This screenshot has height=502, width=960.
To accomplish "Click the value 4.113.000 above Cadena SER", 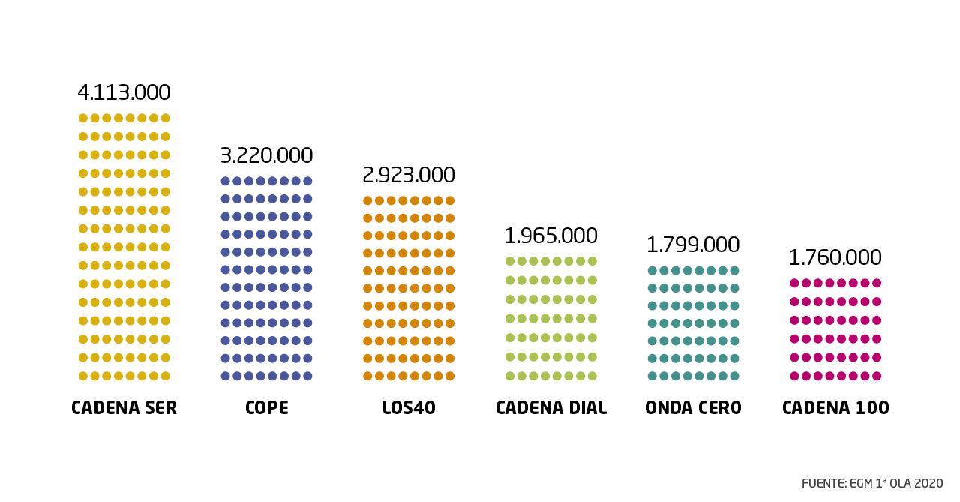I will [x=124, y=92].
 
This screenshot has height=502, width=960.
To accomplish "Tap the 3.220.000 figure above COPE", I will [x=266, y=155].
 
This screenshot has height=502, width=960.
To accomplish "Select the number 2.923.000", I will [x=408, y=175].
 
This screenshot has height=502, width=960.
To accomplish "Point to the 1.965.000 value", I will [x=550, y=236].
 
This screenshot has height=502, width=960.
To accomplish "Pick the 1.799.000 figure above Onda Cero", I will [x=693, y=245].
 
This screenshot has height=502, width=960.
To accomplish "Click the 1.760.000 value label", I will [x=835, y=257].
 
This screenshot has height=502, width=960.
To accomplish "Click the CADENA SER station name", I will [x=124, y=408].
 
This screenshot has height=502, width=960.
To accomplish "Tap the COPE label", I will [x=266, y=408].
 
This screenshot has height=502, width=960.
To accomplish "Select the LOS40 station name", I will [x=408, y=408].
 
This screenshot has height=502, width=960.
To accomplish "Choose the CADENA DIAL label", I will [x=550, y=408].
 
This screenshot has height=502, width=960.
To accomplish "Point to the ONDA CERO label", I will [x=693, y=408].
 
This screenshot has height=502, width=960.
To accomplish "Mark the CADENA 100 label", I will [x=835, y=408].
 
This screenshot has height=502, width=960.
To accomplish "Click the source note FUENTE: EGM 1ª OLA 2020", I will [x=872, y=483].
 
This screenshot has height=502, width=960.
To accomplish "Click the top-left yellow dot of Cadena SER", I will [x=82, y=118].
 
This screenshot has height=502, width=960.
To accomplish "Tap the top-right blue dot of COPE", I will [x=307, y=181].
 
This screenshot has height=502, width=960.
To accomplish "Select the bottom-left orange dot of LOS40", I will [x=367, y=376].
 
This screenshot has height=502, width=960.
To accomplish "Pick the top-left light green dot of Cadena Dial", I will [x=509, y=261].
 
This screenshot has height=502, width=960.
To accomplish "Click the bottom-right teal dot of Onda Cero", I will [x=734, y=376].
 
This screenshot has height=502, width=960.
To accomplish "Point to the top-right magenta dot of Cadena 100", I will [x=876, y=283].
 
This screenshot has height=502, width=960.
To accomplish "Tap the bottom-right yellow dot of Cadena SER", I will [x=165, y=376].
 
